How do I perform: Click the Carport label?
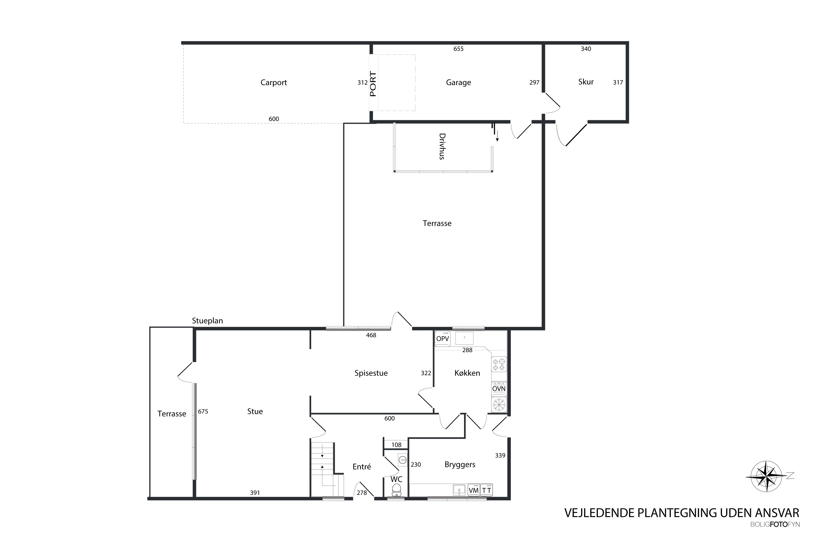click(x=274, y=83)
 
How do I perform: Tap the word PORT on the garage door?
click(x=373, y=84)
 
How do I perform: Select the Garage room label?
click(x=458, y=83)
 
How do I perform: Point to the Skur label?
click(x=586, y=82)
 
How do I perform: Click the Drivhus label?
click(x=442, y=146)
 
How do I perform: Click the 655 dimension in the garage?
click(x=458, y=49)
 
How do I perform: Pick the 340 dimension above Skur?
click(x=586, y=49)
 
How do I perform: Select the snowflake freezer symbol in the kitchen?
click(x=499, y=404)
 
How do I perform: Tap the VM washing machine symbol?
click(x=474, y=490)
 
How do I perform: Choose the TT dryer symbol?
click(x=486, y=490)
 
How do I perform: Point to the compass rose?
click(x=767, y=476)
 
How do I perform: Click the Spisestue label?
click(x=371, y=373)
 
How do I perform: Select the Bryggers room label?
click(x=460, y=465)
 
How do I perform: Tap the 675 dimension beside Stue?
click(x=203, y=412)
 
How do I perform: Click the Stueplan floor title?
click(x=208, y=321)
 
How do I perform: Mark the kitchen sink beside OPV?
click(x=464, y=338)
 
